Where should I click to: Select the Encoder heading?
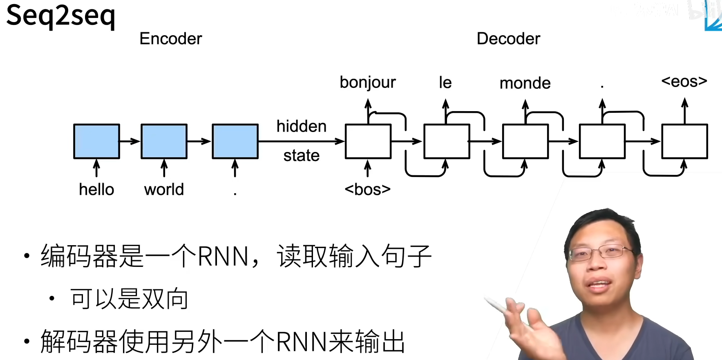171,39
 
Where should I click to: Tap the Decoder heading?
508,39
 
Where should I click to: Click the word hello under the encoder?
96,190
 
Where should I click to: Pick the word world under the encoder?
164,190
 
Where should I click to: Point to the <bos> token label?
367,190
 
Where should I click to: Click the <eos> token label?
684,81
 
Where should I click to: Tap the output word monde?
525,83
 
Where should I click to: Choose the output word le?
445,83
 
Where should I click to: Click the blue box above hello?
96,141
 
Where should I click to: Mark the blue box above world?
164,141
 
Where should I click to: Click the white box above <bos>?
368,141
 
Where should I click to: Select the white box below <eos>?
685,141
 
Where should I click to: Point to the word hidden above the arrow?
302,126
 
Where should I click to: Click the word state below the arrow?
302,156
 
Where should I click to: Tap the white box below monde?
525,141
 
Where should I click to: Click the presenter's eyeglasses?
597,253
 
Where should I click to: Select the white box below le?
447,141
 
